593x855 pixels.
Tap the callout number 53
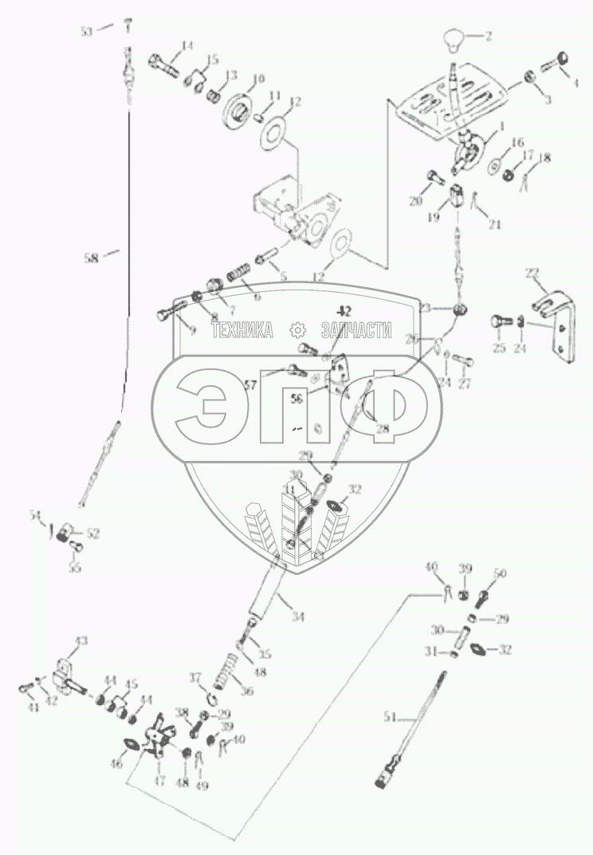[x=86, y=30]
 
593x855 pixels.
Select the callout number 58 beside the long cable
[x=92, y=257]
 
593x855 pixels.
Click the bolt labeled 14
[x=163, y=61]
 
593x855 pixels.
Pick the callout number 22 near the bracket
[x=531, y=274]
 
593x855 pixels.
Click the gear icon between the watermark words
[x=297, y=329]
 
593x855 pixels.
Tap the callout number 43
[x=81, y=640]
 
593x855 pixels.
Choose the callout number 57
[x=251, y=384]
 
